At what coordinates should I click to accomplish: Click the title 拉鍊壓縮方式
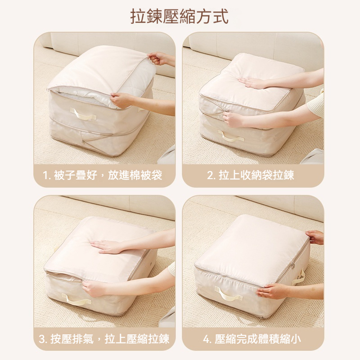[179, 17]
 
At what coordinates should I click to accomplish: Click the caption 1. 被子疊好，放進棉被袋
[103, 175]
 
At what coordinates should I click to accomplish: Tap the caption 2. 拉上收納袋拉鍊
[251, 175]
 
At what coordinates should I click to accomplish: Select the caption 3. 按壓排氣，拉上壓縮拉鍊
[104, 339]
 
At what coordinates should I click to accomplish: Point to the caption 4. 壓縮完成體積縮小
[252, 339]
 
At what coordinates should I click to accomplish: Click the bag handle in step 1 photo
[83, 115]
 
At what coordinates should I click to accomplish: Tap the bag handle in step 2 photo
[231, 137]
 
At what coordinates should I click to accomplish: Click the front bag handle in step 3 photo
[76, 299]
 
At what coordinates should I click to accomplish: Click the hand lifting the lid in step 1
[158, 58]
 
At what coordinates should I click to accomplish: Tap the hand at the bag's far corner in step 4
[315, 237]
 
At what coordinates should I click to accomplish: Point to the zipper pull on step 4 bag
[293, 266]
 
